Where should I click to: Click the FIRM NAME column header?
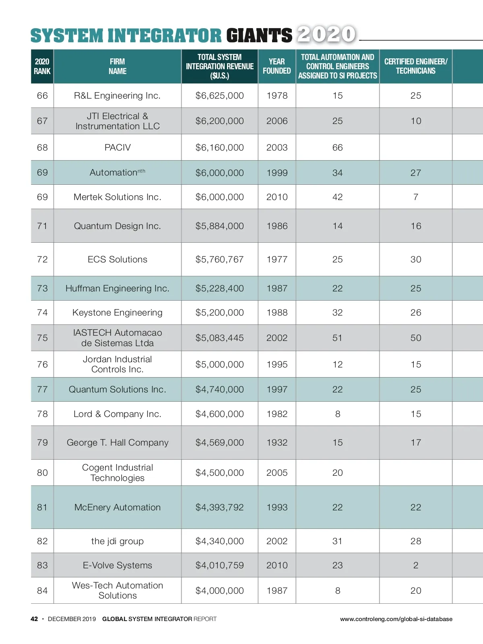[118, 66]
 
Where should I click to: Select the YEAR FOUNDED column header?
[277, 66]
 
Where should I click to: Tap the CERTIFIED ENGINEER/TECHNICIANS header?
[416, 66]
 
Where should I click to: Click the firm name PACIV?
[118, 148]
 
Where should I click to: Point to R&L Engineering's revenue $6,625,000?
[220, 96]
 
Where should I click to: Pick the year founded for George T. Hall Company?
[277, 443]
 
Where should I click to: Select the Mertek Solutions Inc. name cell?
[118, 197]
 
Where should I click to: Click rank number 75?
[42, 338]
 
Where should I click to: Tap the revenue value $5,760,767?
[220, 260]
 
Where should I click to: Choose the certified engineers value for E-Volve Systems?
[416, 566]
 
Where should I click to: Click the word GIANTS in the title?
[259, 35]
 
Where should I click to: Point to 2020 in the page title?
[326, 34]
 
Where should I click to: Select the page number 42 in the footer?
[34, 619]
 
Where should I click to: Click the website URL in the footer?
[396, 619]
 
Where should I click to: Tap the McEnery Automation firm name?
[118, 508]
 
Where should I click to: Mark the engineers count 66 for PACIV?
[337, 148]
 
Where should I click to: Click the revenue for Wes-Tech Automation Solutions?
[220, 591]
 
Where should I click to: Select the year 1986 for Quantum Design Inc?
[277, 226]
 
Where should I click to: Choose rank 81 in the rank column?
[42, 508]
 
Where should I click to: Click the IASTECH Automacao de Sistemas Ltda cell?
[118, 338]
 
